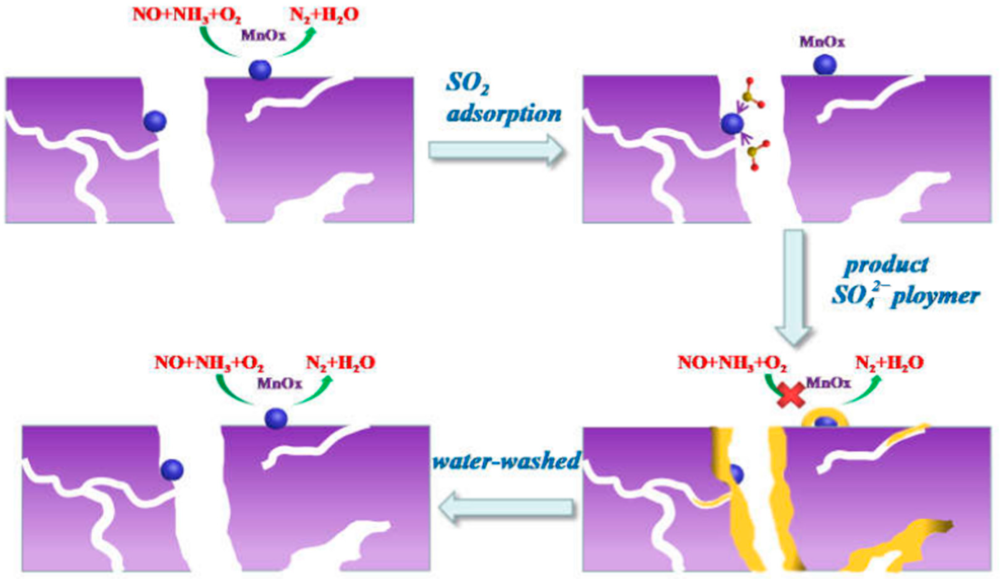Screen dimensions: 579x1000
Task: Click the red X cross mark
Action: [791, 395]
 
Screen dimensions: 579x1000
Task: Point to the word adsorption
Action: [504, 114]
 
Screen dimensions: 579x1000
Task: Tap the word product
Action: [886, 265]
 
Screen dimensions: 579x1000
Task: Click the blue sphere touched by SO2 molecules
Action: [732, 124]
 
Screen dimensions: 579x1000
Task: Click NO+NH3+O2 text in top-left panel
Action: [187, 15]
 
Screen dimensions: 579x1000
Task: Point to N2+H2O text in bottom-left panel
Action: [341, 363]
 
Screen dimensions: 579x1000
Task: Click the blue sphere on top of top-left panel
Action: [260, 70]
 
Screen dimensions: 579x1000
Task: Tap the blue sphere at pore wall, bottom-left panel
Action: [172, 470]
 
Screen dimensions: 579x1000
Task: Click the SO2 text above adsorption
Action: [467, 84]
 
